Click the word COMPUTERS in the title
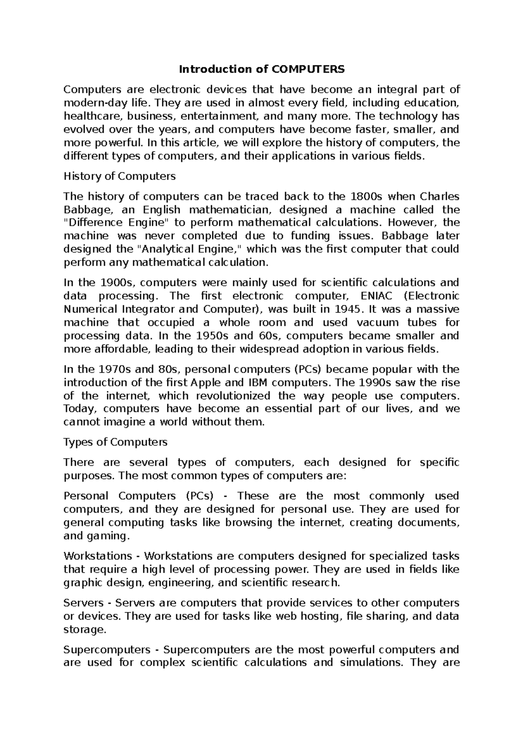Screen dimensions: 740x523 coord(308,69)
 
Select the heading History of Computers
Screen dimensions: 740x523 coord(119,176)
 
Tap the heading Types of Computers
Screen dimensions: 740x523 coord(115,442)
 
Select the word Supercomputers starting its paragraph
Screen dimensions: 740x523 coord(106,650)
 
